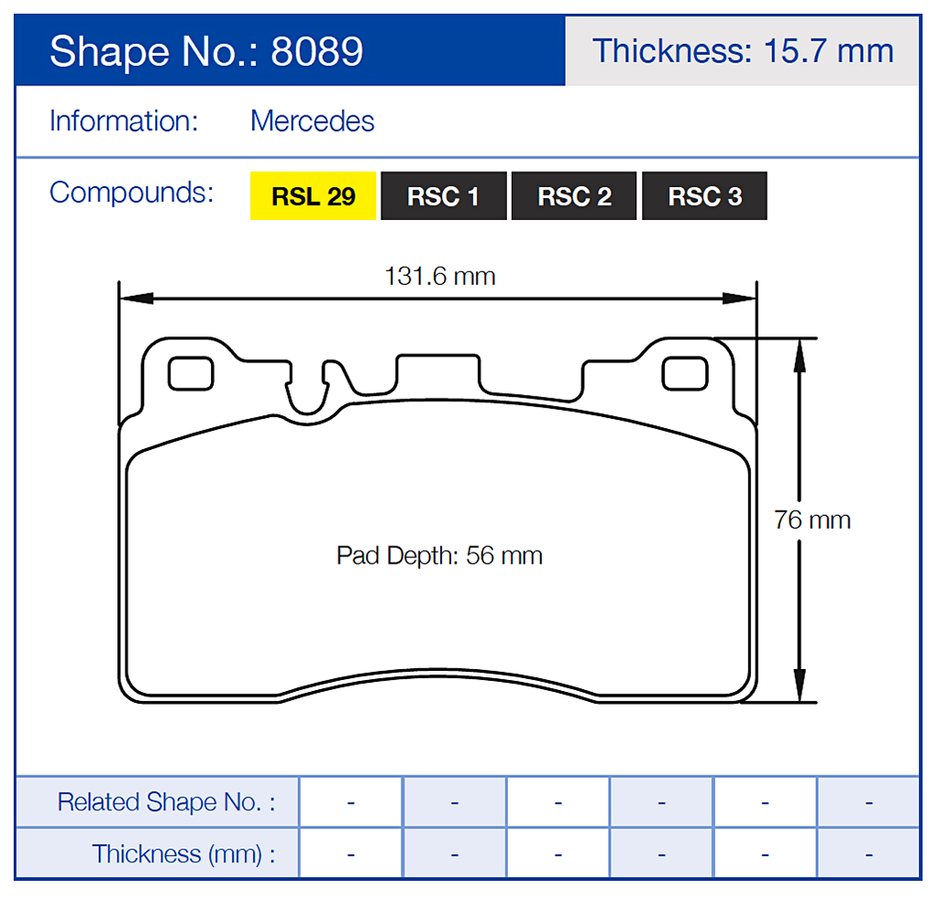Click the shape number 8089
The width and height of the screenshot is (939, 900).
pos(317,52)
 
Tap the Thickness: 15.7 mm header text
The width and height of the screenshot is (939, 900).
pos(743,50)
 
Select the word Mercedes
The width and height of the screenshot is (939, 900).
pos(312,121)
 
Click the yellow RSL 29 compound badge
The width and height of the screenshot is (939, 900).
pos(314,196)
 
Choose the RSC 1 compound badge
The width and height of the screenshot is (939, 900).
pos(444,196)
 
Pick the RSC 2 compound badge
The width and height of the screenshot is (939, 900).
pos(574,196)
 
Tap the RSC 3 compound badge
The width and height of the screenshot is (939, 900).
pos(704,196)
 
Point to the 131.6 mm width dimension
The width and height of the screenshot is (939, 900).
pos(439,276)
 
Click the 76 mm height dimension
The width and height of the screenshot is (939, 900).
pos(812,520)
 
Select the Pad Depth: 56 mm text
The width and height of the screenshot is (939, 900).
pos(439,555)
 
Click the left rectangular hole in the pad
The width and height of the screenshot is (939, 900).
pos(191,374)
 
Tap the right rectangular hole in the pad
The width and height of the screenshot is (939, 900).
pos(685,374)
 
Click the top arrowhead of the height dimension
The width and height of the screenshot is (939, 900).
pos(800,354)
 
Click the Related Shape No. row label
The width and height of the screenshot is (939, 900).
pos(165,802)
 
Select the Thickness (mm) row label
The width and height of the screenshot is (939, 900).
pos(182,854)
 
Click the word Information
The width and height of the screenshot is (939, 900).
pos(124,121)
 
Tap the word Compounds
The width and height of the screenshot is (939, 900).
pos(131,192)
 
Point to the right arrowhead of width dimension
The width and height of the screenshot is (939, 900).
pos(740,298)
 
